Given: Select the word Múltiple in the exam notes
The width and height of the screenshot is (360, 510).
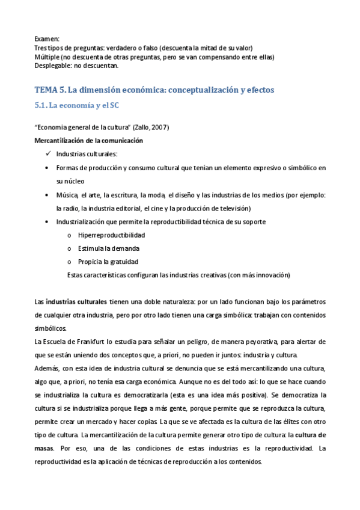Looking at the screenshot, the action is tap(48, 57).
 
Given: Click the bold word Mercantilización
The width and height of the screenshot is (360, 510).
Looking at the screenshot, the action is tap(63, 140).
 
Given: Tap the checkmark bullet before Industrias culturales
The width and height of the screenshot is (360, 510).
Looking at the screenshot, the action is tap(48, 153).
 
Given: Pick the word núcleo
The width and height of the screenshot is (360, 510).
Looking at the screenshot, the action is tap(75, 180).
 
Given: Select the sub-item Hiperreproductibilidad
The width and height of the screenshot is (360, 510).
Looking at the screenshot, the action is tap(111, 235).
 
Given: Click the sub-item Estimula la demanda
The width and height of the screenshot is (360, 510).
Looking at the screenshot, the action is tap(109, 248).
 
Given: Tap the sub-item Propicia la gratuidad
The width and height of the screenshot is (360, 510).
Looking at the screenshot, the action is tap(108, 262).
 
